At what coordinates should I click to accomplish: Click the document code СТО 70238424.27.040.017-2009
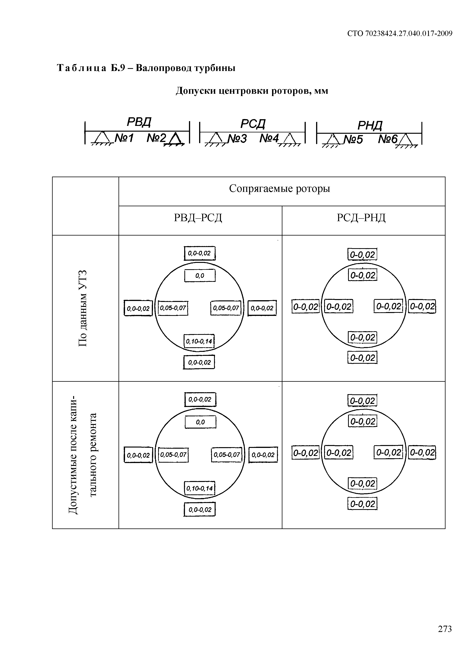(400, 34)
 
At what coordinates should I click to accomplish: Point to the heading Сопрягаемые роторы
(280, 188)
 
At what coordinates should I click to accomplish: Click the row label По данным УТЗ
(83, 308)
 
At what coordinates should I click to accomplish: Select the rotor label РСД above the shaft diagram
(253, 124)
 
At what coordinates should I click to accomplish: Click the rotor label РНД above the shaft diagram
(370, 126)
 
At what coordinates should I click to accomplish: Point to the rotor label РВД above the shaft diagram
(139, 122)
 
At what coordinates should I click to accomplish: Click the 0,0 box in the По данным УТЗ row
(200, 275)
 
